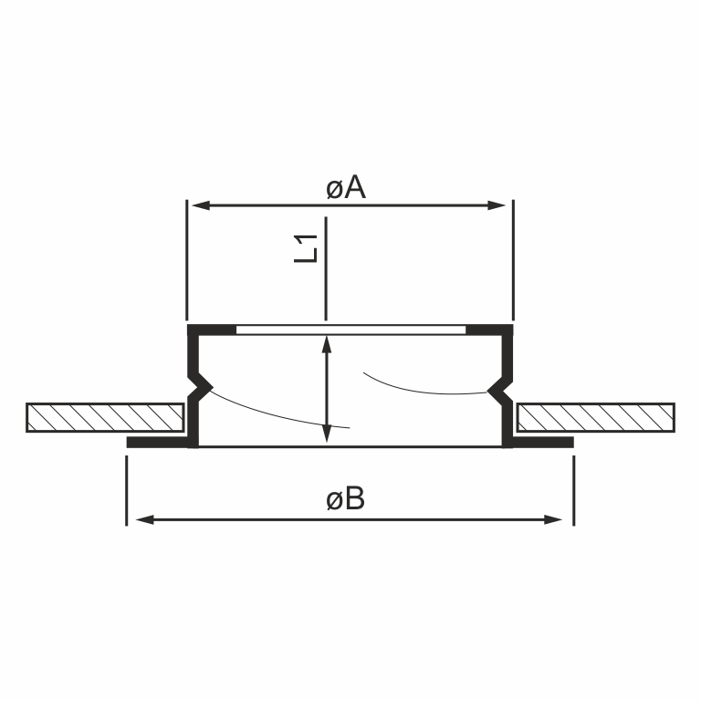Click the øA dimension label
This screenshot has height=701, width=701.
tap(346, 188)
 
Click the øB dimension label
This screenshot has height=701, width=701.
tap(345, 498)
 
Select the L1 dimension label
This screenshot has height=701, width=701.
tap(306, 248)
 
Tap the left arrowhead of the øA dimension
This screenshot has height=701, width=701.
tap(201, 205)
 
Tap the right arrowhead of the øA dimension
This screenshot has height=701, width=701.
tap(497, 205)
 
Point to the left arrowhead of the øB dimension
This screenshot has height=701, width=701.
tap(144, 519)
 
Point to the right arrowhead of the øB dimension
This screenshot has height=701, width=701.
tap(553, 519)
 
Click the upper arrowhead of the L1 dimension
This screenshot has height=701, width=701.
tap(327, 344)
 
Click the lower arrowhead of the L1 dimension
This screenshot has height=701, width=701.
tap(327, 434)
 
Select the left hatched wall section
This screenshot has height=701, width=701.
tap(105, 417)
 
